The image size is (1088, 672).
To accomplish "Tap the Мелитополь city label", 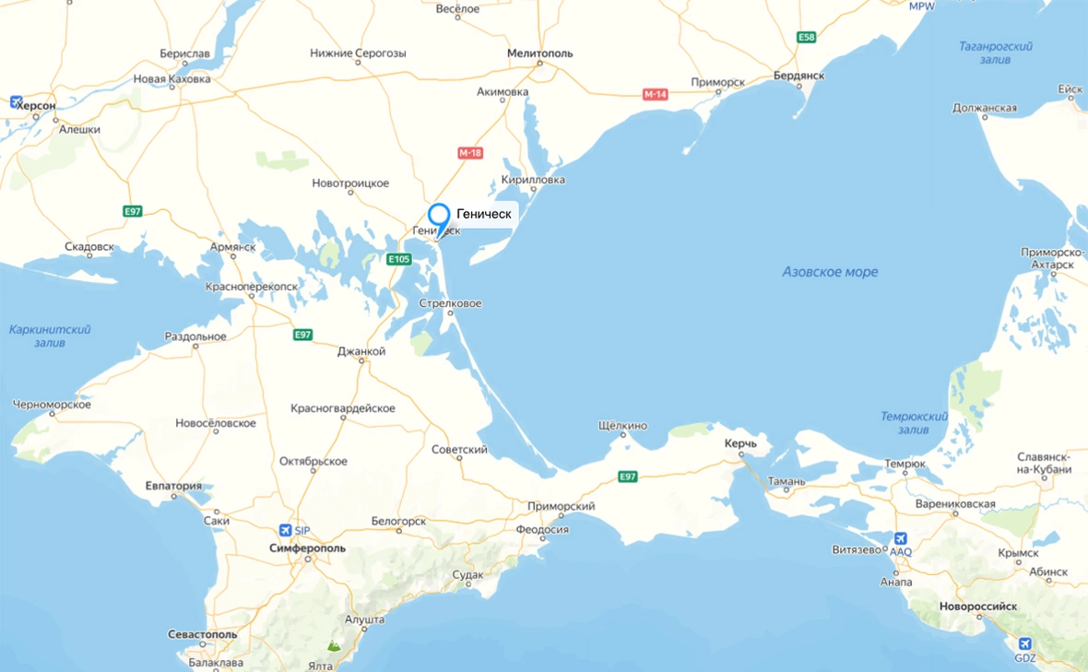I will coord(539,53).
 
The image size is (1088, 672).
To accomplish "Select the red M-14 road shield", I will coord(655,94).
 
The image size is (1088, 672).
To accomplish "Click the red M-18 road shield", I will coord(470,153).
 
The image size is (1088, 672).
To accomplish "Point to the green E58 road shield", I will coord(807,37).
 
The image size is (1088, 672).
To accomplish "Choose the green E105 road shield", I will coord(398,259).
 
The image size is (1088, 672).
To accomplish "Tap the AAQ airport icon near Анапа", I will coord(900,538).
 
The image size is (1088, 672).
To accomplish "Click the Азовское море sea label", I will coord(830,272).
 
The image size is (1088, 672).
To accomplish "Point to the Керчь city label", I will coord(740,444).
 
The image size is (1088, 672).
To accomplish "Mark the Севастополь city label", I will coord(203,635).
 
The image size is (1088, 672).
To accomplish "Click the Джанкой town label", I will coord(361,351).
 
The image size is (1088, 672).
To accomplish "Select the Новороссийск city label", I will coord(977,607).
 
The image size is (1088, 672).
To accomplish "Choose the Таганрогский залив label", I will coord(995,53).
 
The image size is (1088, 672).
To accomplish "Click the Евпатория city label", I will coord(173,486).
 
